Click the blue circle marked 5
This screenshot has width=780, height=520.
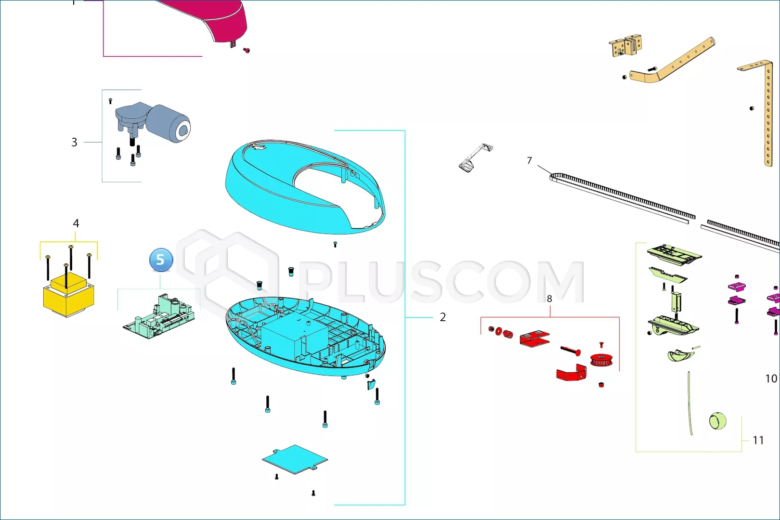click(160, 260)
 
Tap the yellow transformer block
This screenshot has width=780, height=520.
click(68, 295)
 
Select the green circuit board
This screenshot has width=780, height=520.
click(159, 317)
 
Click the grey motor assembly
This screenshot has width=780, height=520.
click(153, 122)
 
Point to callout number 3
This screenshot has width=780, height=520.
click(74, 142)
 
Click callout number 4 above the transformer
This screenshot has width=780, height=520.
click(76, 223)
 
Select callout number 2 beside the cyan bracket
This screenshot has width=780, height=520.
click(442, 317)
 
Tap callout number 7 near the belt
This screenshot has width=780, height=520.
click(529, 160)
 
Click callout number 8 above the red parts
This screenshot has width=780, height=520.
click(549, 299)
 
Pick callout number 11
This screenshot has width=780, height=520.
click(758, 440)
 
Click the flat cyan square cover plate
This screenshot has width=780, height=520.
click(295, 459)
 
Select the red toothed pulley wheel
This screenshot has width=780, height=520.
click(601, 360)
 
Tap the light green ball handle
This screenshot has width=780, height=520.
click(718, 421)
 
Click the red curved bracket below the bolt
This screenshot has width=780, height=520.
click(572, 373)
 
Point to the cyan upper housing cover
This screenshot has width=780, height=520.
click(305, 187)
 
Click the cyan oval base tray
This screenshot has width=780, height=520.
click(305, 336)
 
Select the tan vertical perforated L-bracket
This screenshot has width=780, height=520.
click(766, 111)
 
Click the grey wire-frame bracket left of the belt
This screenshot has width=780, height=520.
click(476, 157)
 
